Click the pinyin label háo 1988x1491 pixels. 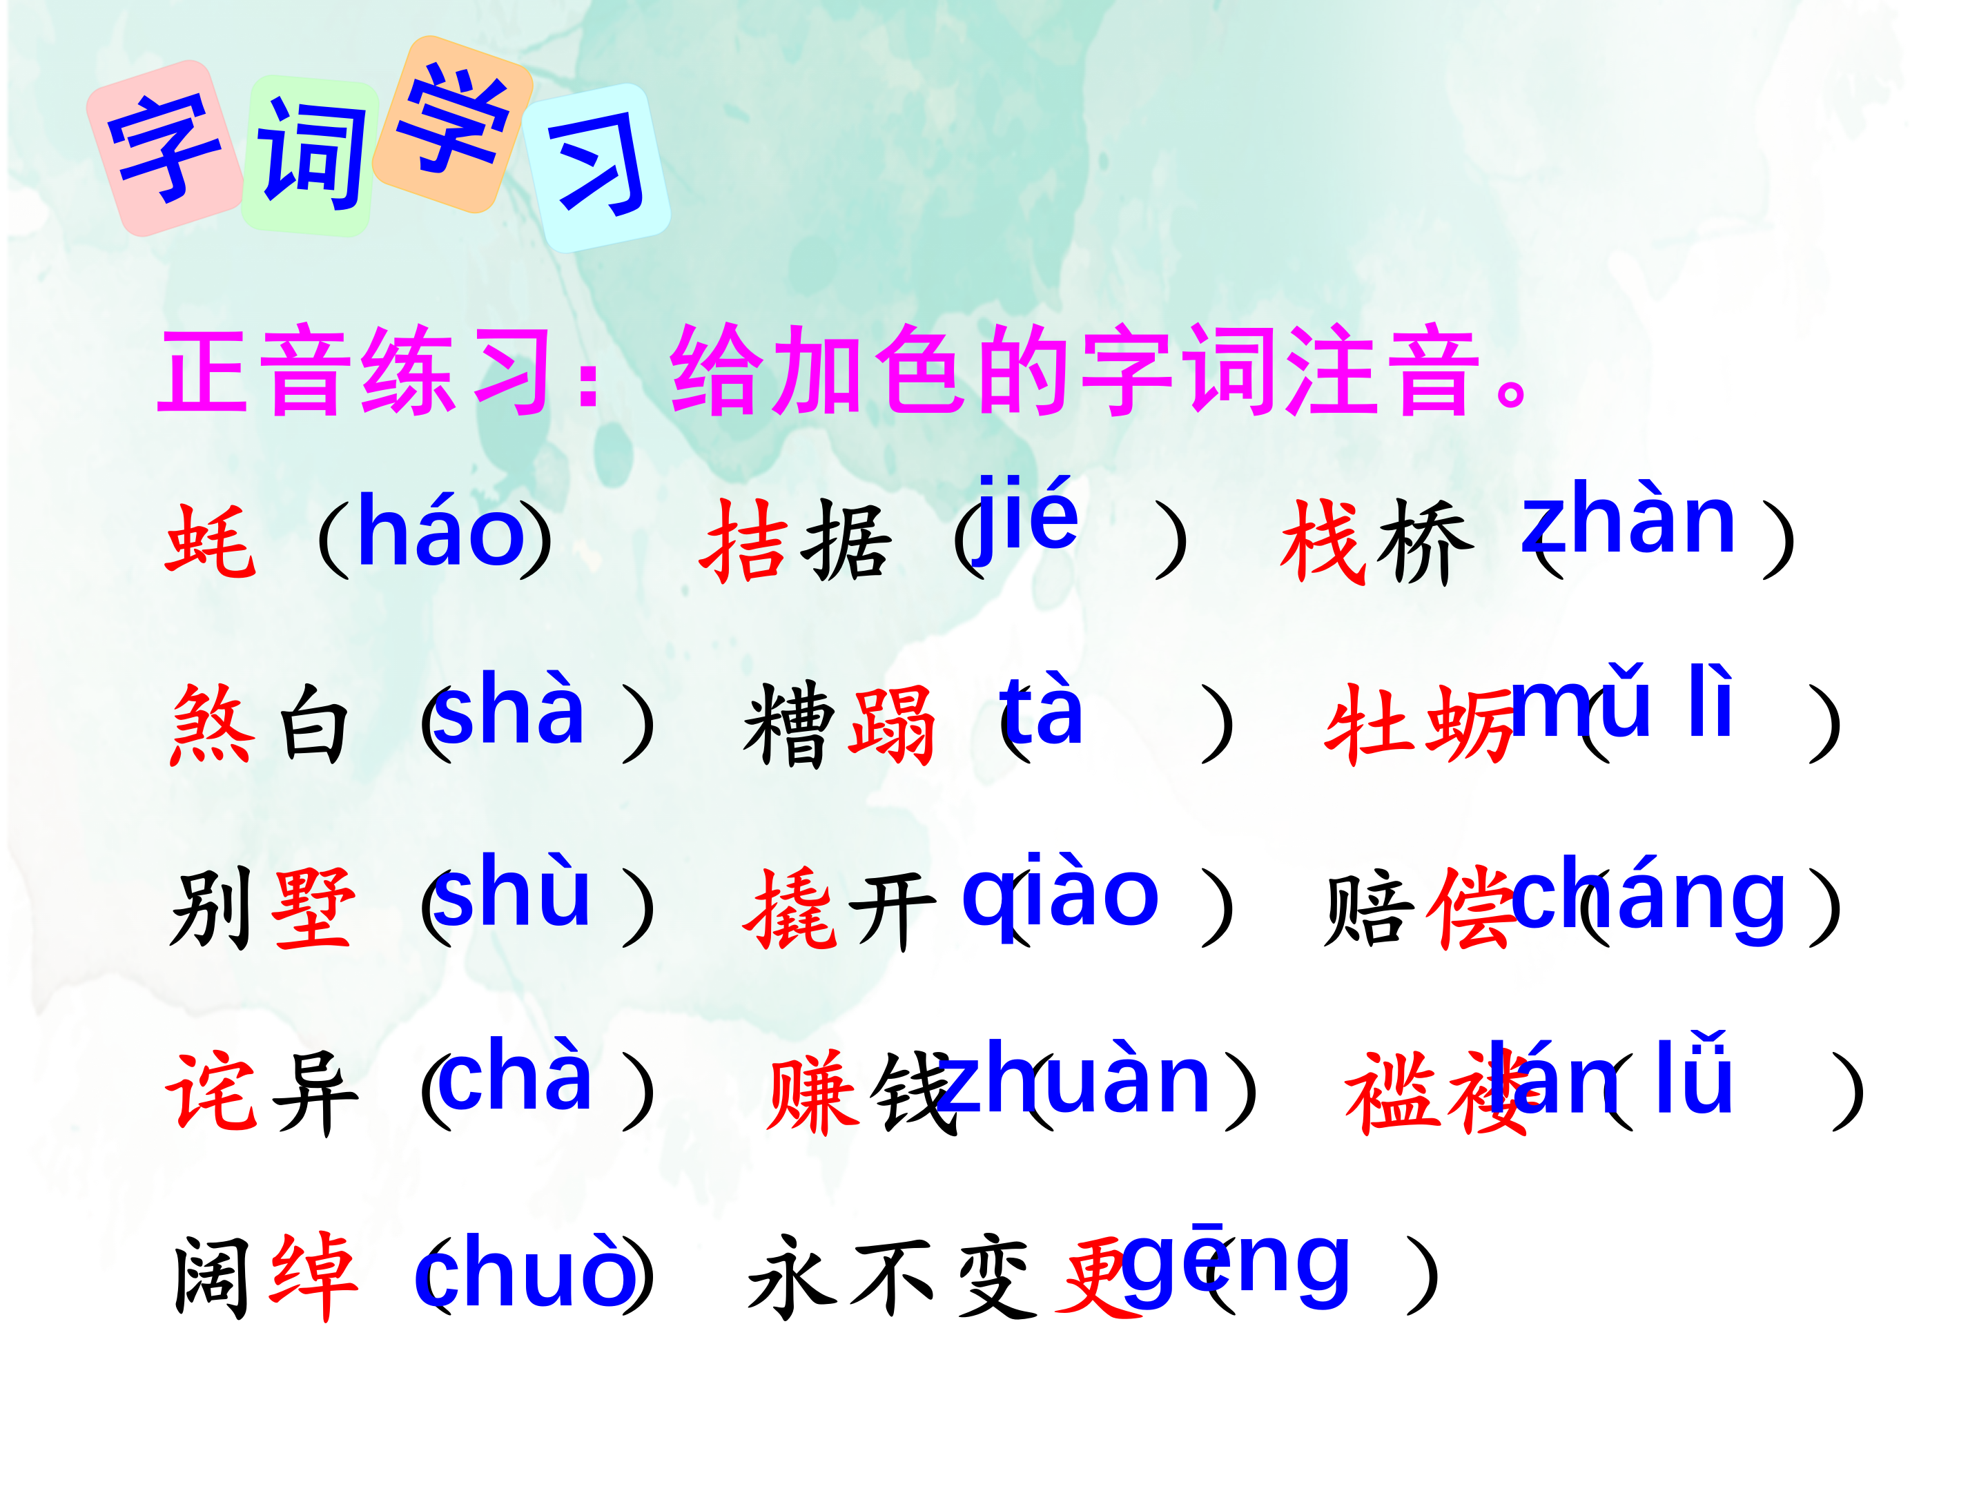pos(440,533)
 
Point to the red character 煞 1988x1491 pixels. pos(212,724)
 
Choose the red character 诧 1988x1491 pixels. pos(212,1092)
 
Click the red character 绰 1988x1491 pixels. pos(313,1276)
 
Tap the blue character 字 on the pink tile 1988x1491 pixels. pos(164,148)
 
